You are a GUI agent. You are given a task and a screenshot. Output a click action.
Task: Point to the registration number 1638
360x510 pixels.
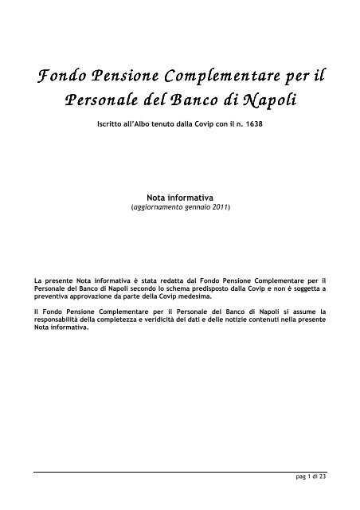(252, 126)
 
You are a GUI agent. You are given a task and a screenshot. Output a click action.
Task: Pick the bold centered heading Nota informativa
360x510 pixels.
(179, 193)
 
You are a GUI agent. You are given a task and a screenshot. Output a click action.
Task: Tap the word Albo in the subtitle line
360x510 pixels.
(143, 126)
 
